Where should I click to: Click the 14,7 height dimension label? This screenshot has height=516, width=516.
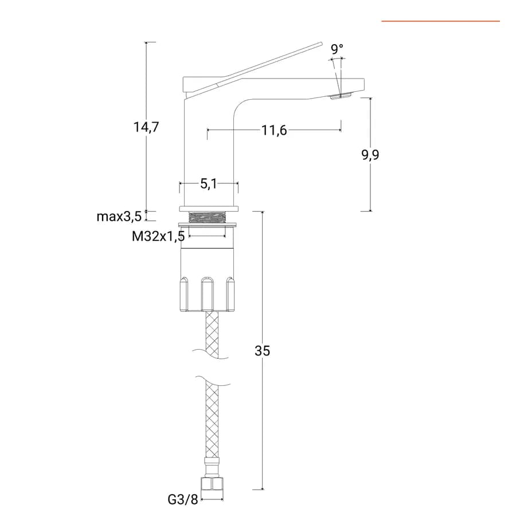146,127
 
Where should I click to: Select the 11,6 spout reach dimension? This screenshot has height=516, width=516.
274,130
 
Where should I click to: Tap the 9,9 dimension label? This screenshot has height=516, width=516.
370,155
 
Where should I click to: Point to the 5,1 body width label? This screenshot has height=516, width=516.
209,183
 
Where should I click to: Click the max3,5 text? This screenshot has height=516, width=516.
119,217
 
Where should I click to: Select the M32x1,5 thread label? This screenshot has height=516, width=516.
158,236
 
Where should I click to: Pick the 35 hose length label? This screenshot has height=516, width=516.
262,351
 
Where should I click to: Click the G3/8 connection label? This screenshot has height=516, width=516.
183,499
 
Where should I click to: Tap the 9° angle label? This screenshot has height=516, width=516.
337,49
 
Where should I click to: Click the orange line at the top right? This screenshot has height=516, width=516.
441,21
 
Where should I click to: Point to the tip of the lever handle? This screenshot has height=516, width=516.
322,44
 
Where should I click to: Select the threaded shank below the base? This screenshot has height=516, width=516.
208,217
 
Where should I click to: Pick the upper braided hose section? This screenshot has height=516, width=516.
212,335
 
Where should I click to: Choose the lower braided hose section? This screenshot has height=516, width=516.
212,419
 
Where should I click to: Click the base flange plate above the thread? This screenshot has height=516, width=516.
209,209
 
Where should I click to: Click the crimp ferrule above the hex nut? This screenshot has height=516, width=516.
212,466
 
